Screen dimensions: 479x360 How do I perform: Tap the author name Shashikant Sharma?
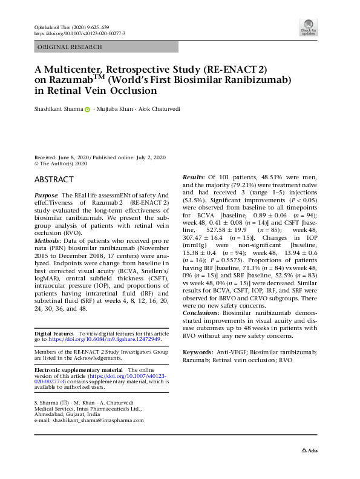[57, 110]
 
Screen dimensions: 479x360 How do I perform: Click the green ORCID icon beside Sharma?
[87, 110]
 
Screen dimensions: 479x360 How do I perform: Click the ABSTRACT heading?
[54, 180]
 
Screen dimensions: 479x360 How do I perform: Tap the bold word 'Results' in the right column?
[194, 176]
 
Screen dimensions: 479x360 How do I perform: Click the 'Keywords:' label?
[198, 352]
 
